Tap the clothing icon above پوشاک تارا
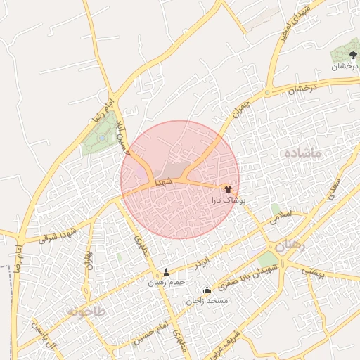click(x=228, y=189)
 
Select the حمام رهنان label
click(x=166, y=282)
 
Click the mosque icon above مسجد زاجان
click(x=207, y=290)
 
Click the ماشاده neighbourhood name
click(x=303, y=153)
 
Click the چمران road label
click(x=240, y=110)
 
